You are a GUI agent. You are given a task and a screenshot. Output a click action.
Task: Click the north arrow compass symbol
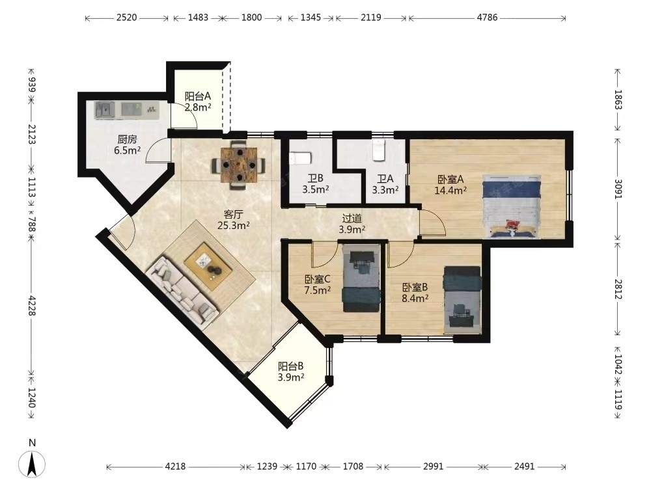coord(35,463)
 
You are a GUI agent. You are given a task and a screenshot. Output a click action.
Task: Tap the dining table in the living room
coord(239,165)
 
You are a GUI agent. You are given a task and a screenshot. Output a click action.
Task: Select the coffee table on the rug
coord(208,266)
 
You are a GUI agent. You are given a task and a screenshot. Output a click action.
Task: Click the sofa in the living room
coord(183,293)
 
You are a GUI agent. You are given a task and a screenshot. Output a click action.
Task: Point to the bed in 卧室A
coord(512,207)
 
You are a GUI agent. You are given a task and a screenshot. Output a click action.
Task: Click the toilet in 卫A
coord(379,150)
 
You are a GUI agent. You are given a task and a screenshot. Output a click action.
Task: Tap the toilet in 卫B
coord(299,158)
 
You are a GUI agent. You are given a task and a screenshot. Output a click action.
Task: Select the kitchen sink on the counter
coord(105,111)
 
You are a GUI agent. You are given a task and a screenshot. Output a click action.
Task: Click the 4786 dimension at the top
coord(487,18)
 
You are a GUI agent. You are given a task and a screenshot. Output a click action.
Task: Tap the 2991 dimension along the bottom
coord(433,467)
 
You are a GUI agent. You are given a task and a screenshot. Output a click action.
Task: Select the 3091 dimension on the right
coord(618,189)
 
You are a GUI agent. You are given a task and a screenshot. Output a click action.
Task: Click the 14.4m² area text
coord(450,191)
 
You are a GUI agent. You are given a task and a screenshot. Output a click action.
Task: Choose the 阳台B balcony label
coord(290,366)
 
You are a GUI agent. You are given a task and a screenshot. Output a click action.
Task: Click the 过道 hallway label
coord(352,218)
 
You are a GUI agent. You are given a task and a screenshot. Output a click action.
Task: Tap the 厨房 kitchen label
coord(127,139)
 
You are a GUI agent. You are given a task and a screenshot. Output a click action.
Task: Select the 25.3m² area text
coord(233,225)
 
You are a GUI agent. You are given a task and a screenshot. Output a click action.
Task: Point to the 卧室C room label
coord(317,279)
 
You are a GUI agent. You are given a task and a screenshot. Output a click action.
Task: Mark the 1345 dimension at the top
coord(311,18)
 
